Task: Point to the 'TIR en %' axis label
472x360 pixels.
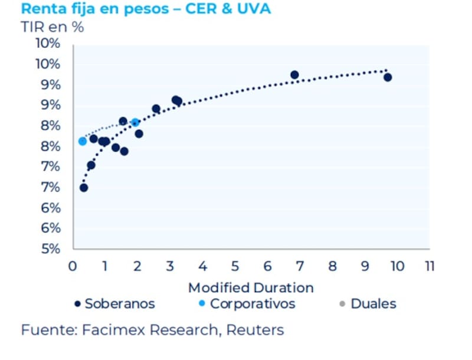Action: (x=53, y=27)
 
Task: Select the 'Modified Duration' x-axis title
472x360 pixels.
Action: (x=251, y=288)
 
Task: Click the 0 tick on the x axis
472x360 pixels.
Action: (x=73, y=266)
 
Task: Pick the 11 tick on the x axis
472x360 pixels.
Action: (x=429, y=266)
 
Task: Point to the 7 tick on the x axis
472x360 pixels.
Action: (x=300, y=266)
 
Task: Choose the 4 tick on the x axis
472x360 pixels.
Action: (x=202, y=266)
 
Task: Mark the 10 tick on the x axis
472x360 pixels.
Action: (x=396, y=266)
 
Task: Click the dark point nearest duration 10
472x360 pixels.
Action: (x=388, y=77)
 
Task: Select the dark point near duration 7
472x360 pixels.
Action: (x=294, y=75)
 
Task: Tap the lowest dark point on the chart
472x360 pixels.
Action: (x=84, y=188)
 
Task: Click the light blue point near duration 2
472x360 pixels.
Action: (x=135, y=122)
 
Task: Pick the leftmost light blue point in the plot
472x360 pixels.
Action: (x=83, y=141)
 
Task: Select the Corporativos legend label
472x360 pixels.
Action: (x=253, y=304)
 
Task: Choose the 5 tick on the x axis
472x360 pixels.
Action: (x=235, y=266)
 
